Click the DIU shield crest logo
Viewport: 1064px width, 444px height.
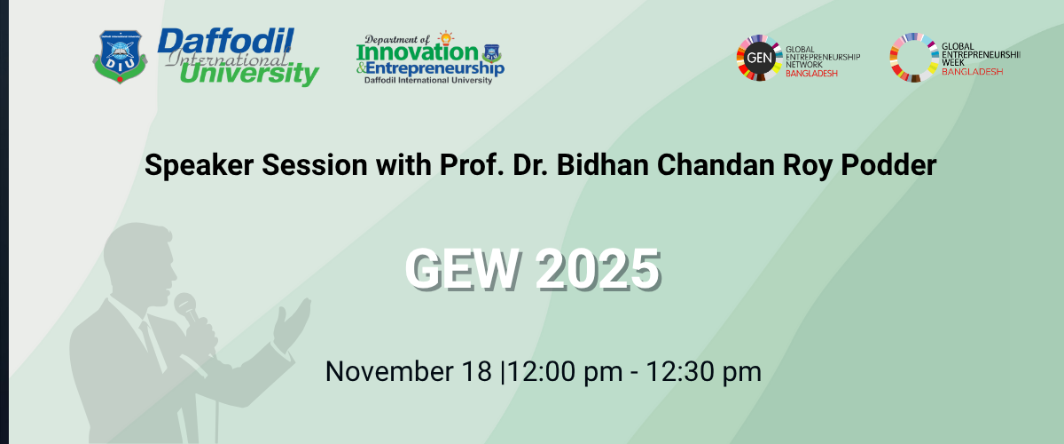(120, 57)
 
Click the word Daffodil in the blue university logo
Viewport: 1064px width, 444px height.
(225, 41)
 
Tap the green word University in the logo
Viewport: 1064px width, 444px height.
(249, 74)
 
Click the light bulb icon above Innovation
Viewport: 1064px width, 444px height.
(445, 38)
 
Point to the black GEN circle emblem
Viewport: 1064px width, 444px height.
(759, 58)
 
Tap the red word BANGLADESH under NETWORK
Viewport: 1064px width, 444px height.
(811, 74)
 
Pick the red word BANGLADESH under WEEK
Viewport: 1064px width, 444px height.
(972, 72)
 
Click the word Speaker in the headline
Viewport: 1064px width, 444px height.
(199, 165)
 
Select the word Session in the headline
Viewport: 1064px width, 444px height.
(315, 164)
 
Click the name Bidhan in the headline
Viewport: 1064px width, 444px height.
(602, 164)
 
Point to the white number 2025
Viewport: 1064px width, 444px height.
(598, 268)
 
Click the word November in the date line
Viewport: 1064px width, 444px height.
(389, 371)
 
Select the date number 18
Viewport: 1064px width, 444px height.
(476, 371)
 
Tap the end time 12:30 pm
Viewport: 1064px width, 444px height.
(703, 372)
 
